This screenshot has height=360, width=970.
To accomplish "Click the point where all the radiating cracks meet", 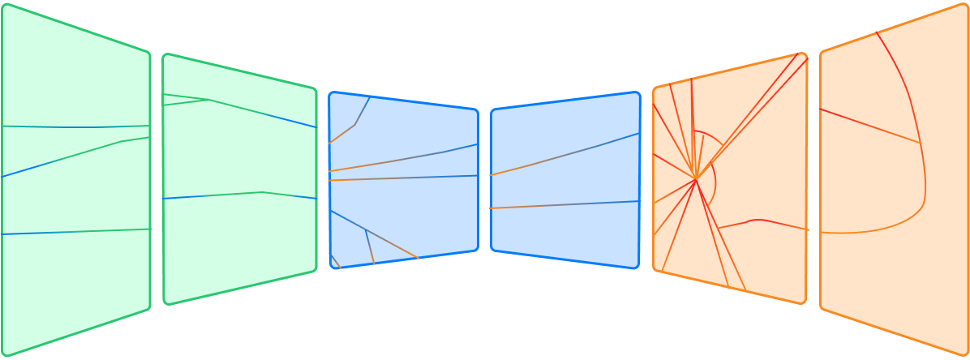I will click(x=695, y=178).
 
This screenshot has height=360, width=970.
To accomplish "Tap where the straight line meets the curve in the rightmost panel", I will click(x=920, y=143).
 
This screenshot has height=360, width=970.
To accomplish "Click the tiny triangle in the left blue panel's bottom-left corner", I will click(x=335, y=262).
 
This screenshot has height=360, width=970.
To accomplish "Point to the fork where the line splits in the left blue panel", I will click(x=366, y=230).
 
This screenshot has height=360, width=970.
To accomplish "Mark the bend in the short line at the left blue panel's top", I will click(x=355, y=125).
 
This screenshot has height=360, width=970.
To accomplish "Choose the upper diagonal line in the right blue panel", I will click(x=568, y=154).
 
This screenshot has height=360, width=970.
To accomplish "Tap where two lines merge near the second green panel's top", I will click(x=210, y=100).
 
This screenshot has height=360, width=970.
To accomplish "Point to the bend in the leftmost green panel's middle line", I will click(x=121, y=142).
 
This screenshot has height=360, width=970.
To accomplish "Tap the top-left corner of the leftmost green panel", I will click(x=5, y=6).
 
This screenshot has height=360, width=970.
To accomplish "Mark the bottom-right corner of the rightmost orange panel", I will click(x=965, y=353).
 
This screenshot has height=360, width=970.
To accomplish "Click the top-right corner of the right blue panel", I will click(x=637, y=94).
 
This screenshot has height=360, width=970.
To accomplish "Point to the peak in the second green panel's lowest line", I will click(x=263, y=192).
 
